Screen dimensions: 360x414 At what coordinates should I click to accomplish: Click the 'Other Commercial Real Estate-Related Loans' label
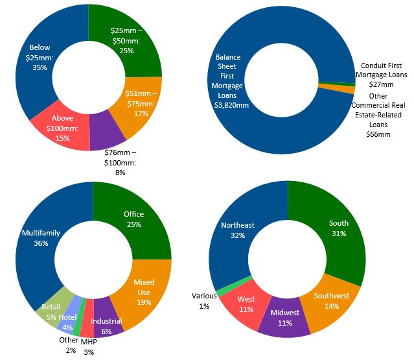[x=379, y=115]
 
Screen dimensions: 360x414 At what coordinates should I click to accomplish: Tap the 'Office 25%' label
[x=133, y=219]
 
